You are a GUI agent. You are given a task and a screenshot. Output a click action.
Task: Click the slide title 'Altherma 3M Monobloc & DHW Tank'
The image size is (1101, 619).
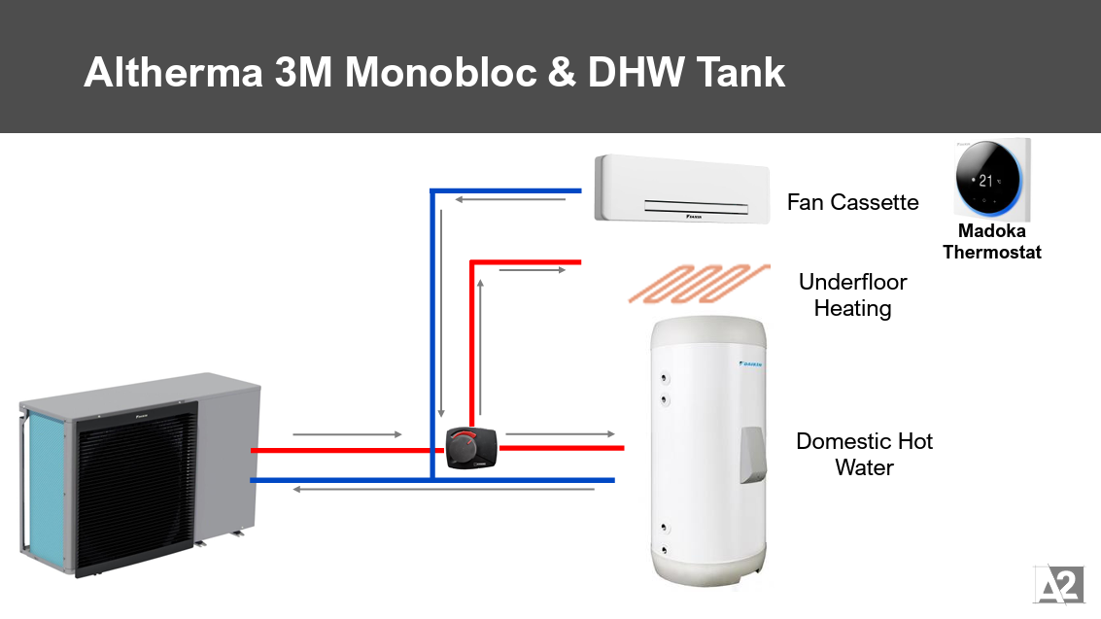(x=434, y=73)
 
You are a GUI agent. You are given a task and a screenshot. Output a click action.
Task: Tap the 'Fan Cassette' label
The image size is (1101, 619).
(x=852, y=202)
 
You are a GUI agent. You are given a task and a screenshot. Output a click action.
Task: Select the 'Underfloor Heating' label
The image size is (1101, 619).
(x=852, y=295)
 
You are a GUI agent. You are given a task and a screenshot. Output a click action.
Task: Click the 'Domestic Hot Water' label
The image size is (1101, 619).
(x=864, y=454)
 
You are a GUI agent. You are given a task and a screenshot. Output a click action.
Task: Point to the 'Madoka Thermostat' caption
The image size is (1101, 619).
(x=991, y=242)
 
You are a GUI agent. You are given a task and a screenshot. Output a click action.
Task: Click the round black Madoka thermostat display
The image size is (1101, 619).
(x=985, y=180)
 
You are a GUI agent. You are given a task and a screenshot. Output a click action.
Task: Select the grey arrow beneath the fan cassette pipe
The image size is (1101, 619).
(x=511, y=201)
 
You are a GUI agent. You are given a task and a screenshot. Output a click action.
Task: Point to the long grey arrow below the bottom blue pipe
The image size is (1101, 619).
(x=443, y=489)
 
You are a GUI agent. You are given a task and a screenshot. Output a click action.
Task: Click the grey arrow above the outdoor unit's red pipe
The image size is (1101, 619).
(x=346, y=433)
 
